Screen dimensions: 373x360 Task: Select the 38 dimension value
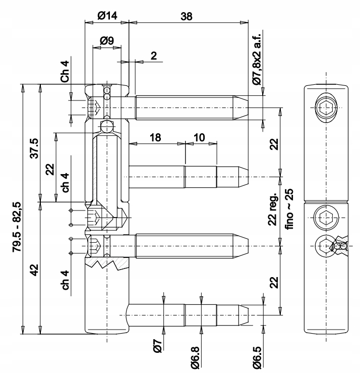pyautogui.click(x=186, y=16)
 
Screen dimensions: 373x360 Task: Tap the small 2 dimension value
pyautogui.click(x=153, y=55)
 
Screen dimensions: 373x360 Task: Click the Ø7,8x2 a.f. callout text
pyautogui.click(x=258, y=57)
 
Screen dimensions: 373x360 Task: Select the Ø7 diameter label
pyautogui.click(x=156, y=347)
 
